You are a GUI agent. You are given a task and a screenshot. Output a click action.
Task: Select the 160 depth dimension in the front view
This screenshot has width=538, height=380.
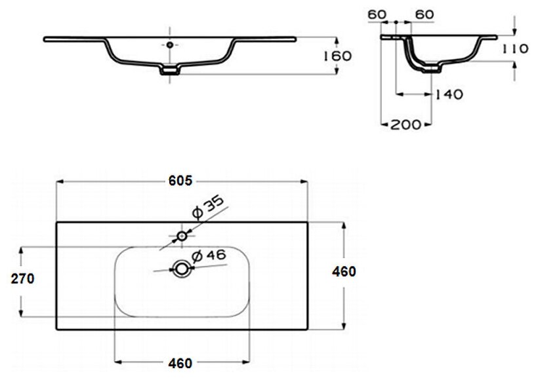pyautogui.click(x=337, y=56)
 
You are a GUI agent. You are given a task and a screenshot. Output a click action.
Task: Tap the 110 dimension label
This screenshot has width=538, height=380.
pyautogui.click(x=516, y=48)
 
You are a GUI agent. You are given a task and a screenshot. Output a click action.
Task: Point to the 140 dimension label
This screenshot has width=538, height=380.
pyautogui.click(x=449, y=94)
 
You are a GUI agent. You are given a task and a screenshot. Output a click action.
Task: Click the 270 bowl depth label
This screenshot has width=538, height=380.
pyautogui.click(x=22, y=279)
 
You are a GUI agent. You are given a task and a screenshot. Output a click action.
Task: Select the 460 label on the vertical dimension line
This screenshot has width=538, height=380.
pyautogui.click(x=343, y=271)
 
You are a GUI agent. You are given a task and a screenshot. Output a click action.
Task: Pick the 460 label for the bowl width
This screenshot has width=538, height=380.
pyautogui.click(x=180, y=363)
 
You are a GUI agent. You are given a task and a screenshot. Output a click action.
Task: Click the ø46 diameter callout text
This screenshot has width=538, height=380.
pyautogui.click(x=208, y=256)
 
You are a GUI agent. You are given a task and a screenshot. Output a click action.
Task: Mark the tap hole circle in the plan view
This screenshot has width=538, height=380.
pyautogui.click(x=182, y=235)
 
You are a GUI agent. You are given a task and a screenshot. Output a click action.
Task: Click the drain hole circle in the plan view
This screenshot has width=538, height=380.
pyautogui.click(x=181, y=268)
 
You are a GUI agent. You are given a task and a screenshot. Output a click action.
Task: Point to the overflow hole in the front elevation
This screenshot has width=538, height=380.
pyautogui.click(x=171, y=45)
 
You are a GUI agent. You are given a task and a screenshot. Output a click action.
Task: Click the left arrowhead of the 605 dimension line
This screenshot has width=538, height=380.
pyautogui.click(x=60, y=181)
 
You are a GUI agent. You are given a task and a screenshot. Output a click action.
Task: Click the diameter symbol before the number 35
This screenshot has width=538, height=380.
pyautogui.click(x=196, y=213)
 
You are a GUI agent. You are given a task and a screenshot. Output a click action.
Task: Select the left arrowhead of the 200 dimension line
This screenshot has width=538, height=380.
pyautogui.click(x=384, y=123)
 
